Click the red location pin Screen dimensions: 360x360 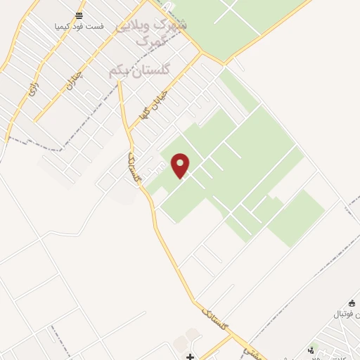pyautogui.click(x=181, y=165)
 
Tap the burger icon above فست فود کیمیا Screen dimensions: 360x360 pyautogui.click(x=79, y=15)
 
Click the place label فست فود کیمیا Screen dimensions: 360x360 pyautogui.click(x=79, y=26)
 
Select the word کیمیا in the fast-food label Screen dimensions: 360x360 pyautogui.click(x=65, y=26)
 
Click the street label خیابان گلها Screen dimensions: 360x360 pyautogui.click(x=150, y=105)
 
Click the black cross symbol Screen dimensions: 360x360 pyautogui.click(x=190, y=356)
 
